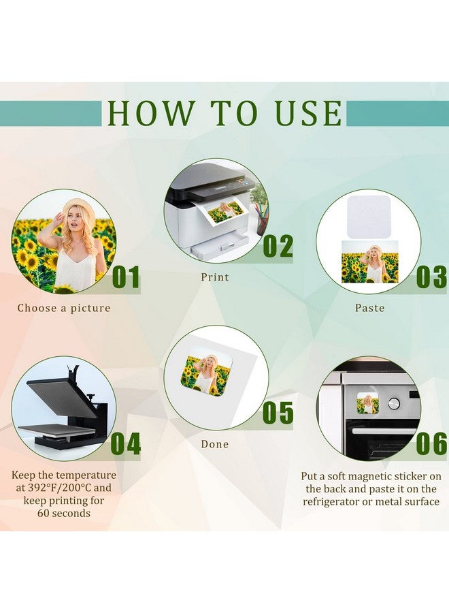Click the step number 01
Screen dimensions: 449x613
126,277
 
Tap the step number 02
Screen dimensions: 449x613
278,247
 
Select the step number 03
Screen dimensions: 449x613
432,277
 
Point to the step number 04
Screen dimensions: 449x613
126,443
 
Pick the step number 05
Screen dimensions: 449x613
278,413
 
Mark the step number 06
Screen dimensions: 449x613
432,443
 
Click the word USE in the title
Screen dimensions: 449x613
308,113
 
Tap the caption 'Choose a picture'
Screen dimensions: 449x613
64,308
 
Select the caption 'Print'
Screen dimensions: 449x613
215,277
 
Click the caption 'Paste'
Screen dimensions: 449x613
369,308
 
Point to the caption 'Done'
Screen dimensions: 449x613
215,444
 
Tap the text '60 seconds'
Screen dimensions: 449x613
64,514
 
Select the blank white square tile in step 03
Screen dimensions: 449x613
369,217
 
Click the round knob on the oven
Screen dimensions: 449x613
394,403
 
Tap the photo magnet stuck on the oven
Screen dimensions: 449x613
368,403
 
